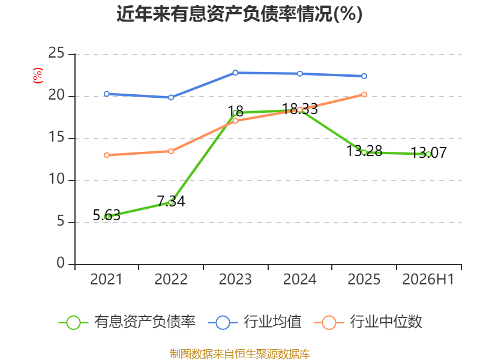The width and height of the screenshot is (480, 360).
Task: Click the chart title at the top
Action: (x=239, y=14)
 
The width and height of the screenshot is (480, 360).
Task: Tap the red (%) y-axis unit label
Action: (x=37, y=76)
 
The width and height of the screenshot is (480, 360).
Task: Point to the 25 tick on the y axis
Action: (x=56, y=53)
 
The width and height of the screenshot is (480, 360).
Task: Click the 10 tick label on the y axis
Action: (x=56, y=179)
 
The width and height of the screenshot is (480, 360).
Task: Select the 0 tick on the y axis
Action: (x=61, y=263)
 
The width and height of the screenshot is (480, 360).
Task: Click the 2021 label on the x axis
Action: (x=106, y=279)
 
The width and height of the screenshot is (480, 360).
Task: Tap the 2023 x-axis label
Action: (x=235, y=279)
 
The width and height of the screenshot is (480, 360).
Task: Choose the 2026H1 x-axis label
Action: (x=428, y=279)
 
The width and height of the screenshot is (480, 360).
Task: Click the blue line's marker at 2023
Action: (x=235, y=73)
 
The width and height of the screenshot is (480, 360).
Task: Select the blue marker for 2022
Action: (x=171, y=97)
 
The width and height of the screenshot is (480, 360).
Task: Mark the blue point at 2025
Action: (x=364, y=76)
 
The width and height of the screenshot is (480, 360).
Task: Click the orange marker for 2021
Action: (x=107, y=155)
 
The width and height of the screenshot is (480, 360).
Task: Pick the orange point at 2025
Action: (x=364, y=95)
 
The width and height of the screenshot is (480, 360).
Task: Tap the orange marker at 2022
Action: (x=171, y=151)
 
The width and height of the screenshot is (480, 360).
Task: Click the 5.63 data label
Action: (x=107, y=215)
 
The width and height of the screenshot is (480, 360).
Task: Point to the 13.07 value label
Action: (x=428, y=152)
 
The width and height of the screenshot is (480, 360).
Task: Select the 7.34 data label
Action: (x=171, y=202)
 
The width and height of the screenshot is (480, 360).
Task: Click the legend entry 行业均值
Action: (x=254, y=322)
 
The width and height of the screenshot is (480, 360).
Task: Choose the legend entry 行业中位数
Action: (x=368, y=322)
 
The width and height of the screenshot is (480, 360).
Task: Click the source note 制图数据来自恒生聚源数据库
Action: (x=240, y=354)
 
